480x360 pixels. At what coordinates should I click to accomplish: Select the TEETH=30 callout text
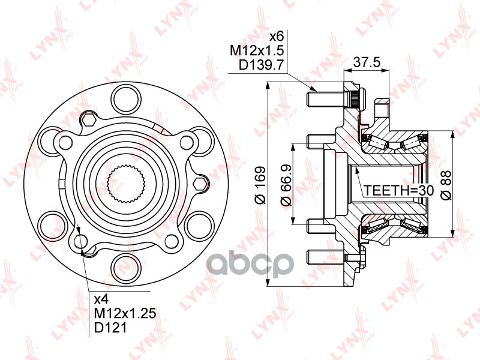tap(391, 190)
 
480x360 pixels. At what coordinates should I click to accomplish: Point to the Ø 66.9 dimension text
tap(287, 185)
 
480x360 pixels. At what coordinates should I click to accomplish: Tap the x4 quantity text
tap(101, 298)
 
